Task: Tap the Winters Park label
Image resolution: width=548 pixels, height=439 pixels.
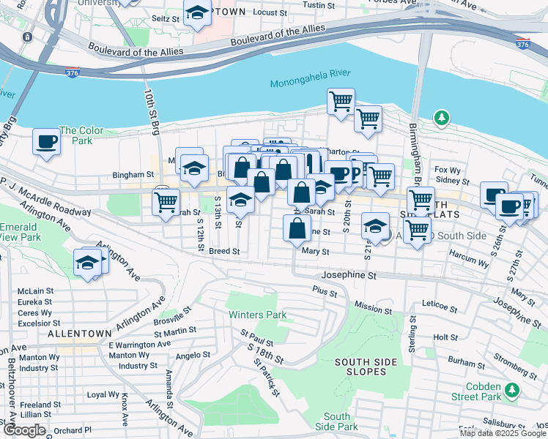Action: point(256,315)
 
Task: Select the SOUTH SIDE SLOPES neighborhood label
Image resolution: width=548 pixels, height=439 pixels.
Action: point(360,367)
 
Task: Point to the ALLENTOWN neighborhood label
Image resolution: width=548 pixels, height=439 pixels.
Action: point(79,333)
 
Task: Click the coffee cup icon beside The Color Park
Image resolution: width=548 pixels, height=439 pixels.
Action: point(47,140)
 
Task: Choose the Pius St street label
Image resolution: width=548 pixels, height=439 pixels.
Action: point(324,293)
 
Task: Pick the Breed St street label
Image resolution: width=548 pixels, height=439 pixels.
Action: point(224,251)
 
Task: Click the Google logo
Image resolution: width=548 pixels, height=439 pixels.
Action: point(24,430)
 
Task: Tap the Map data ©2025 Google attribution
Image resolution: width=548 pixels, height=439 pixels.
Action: point(503,433)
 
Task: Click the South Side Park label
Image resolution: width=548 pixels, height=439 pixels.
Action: point(336,421)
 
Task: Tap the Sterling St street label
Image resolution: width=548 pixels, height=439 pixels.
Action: point(412,332)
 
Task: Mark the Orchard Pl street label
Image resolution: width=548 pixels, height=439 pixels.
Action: point(72,430)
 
